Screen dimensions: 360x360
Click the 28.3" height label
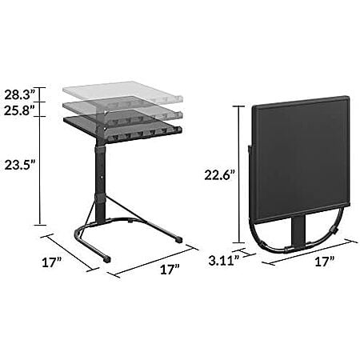[x=20, y=94]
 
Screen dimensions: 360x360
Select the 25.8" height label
[x=20, y=110]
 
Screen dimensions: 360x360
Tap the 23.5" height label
[x=20, y=165]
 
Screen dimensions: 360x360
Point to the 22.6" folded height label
[x=220, y=175]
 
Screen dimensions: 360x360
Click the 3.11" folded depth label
[x=223, y=261]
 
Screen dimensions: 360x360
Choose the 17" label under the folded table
[x=325, y=262]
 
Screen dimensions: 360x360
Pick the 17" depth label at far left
[x=52, y=262]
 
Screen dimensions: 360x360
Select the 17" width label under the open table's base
[x=170, y=270]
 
